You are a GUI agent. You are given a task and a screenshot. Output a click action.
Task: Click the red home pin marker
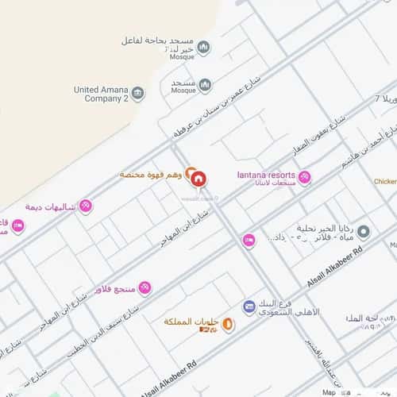tap(198, 177)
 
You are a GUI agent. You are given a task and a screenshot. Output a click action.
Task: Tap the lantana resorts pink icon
tap(304, 177)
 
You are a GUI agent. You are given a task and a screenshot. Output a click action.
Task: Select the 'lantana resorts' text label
tap(266, 175)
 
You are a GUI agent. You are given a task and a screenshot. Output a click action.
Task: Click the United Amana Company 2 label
tap(101, 94)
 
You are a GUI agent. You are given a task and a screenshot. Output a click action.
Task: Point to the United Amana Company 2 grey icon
tap(138, 94)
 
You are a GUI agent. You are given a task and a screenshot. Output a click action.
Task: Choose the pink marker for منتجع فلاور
tap(145, 287)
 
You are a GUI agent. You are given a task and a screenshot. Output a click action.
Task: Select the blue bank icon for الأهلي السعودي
tap(249, 306)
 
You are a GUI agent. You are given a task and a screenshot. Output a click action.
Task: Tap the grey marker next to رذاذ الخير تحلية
tap(364, 232)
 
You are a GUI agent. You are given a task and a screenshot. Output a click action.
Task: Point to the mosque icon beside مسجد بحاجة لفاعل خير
tap(204, 48)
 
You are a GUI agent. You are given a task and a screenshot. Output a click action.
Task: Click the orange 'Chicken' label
tap(385, 181)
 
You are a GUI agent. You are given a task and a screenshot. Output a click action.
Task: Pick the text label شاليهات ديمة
tap(50, 206)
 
